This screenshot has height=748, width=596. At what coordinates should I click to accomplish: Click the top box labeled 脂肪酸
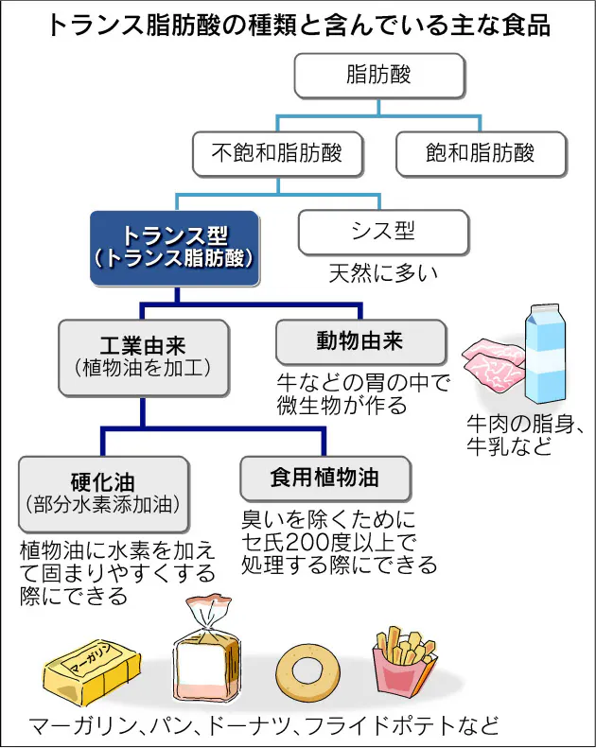(x=378, y=76)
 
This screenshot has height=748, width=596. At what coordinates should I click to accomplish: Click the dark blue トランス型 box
(x=175, y=248)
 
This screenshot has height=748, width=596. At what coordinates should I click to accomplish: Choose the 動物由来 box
(x=359, y=341)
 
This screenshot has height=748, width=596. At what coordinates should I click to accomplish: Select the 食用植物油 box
(x=324, y=478)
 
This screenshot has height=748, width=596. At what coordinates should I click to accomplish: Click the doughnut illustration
(x=307, y=670)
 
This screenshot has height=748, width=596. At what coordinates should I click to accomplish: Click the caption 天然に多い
(x=383, y=274)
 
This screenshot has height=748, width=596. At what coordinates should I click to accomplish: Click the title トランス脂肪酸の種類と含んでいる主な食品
(x=298, y=25)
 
